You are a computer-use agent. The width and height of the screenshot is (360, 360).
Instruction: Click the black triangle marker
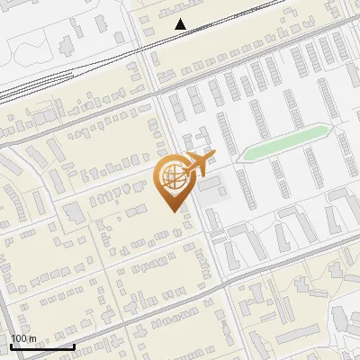point(182,24)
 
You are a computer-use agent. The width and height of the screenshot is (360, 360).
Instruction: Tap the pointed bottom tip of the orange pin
point(173,211)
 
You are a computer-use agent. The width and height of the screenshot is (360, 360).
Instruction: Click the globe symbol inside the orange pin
point(172,176)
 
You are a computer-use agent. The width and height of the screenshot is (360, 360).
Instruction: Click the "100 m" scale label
point(23,338)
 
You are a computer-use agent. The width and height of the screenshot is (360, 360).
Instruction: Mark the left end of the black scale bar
point(11,346)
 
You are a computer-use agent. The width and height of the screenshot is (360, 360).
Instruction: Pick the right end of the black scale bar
point(74,346)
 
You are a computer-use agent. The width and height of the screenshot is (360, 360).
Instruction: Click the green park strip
point(283,143)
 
